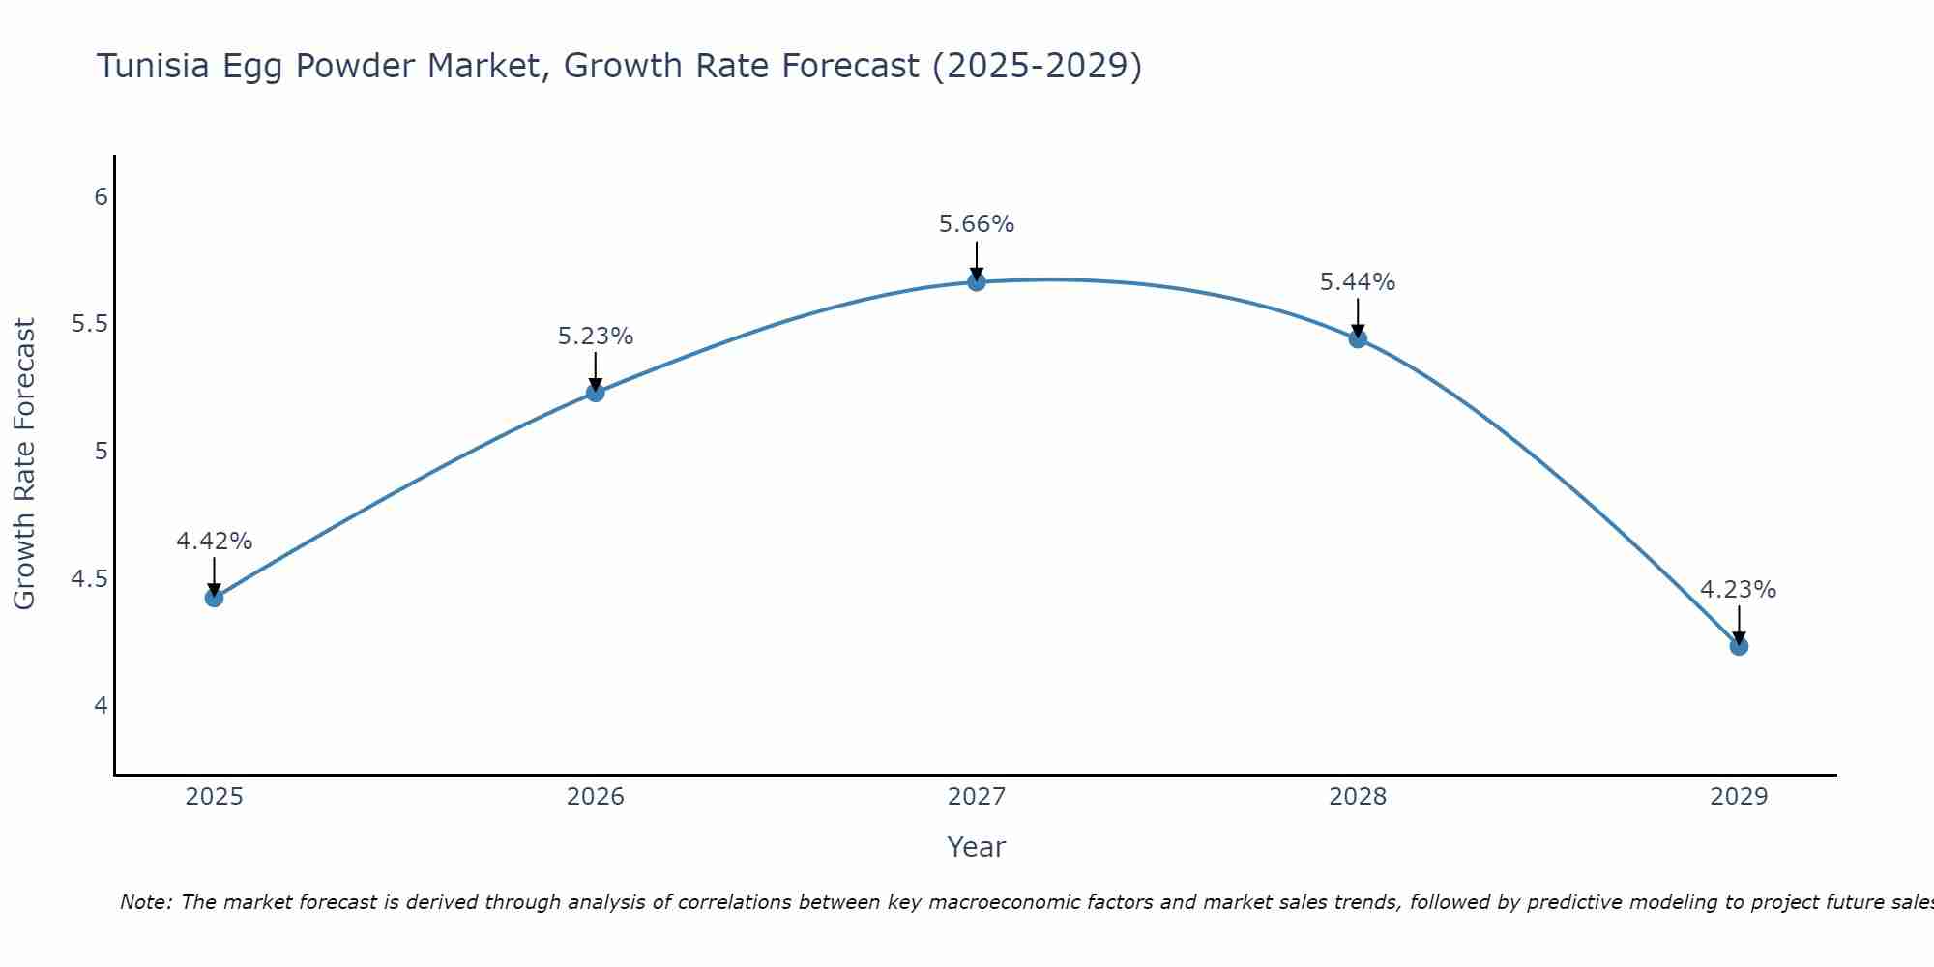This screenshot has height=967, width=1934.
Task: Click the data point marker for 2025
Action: click(214, 598)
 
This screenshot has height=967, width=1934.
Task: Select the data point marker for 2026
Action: click(595, 392)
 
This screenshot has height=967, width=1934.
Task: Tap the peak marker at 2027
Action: click(977, 282)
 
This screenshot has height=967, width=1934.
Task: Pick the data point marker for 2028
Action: click(1358, 338)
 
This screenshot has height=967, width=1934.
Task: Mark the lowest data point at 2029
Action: click(1739, 646)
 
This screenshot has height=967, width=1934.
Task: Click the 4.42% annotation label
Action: click(214, 542)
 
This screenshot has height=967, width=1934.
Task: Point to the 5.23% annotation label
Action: click(595, 337)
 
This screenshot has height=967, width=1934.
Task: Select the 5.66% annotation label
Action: click(977, 224)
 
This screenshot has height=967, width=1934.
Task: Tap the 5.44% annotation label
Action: click(1358, 282)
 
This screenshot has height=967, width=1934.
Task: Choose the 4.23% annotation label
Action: click(1738, 590)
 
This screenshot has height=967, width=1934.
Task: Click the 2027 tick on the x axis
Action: click(977, 797)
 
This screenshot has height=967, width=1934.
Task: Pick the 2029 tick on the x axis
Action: click(1739, 797)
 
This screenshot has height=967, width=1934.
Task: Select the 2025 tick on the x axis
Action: click(214, 797)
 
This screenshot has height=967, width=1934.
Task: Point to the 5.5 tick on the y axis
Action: click(89, 324)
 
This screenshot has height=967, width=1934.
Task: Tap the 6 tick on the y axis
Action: click(101, 197)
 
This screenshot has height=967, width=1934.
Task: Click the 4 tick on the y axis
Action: click(101, 706)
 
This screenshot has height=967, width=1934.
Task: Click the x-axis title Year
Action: click(977, 847)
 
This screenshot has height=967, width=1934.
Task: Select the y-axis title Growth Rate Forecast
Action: click(24, 464)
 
